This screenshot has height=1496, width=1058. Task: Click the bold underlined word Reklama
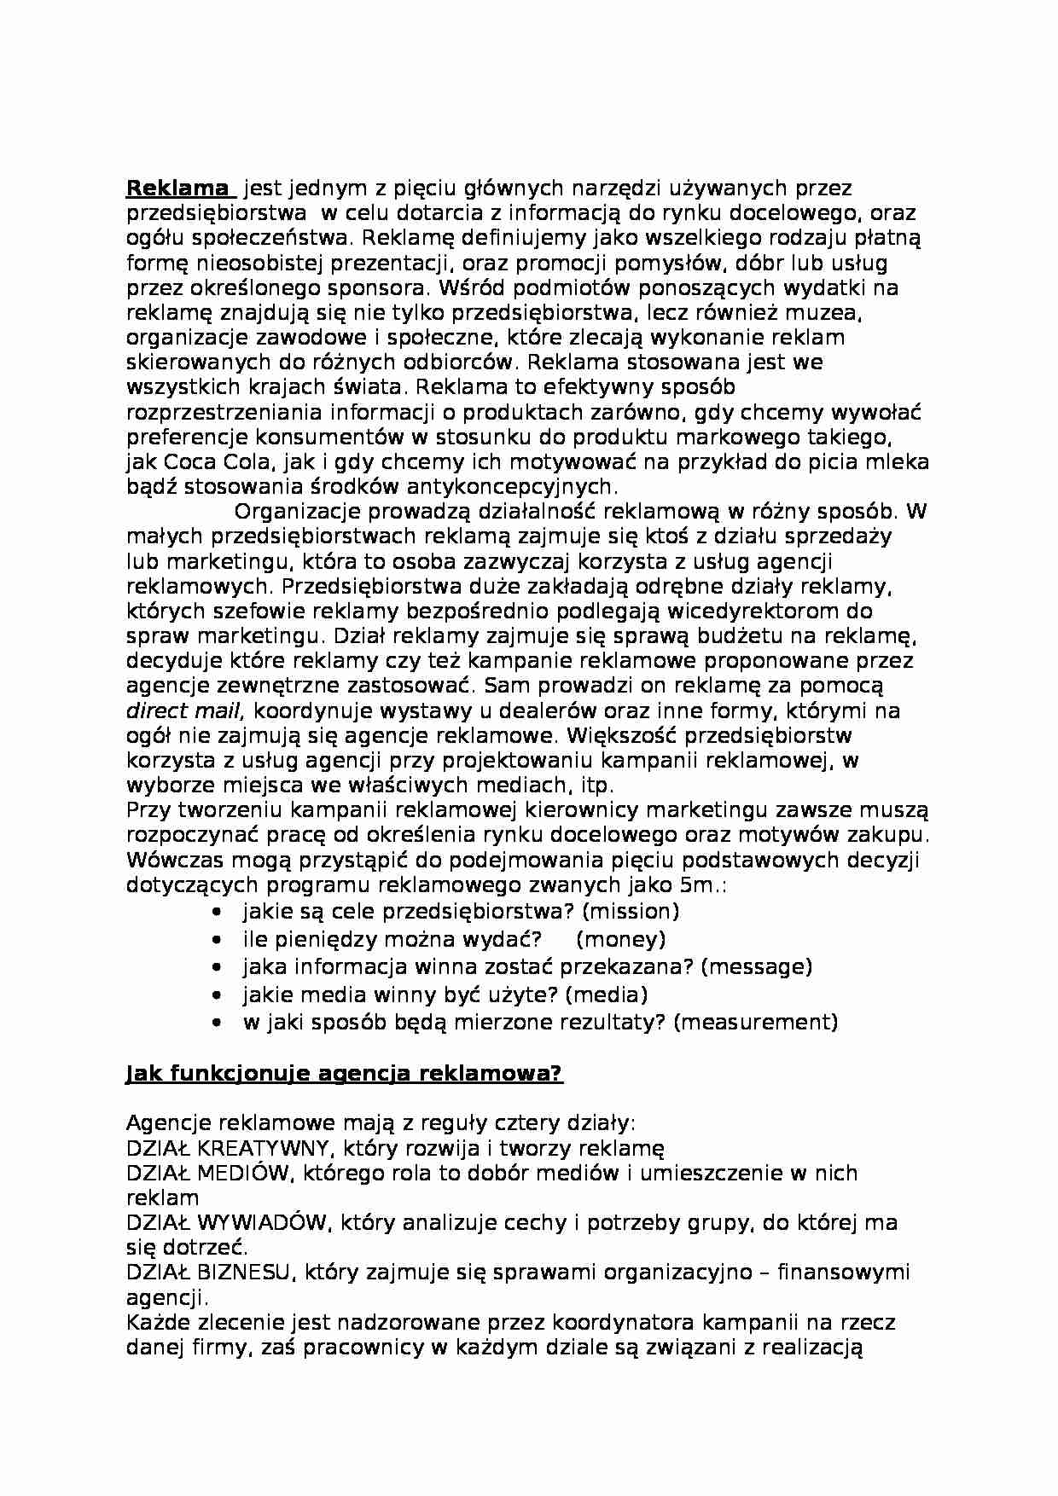[177, 188]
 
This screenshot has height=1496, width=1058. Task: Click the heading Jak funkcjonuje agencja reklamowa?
[344, 1073]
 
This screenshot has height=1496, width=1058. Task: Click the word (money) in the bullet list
[620, 939]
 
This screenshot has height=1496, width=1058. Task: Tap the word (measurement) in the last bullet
[755, 1022]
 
